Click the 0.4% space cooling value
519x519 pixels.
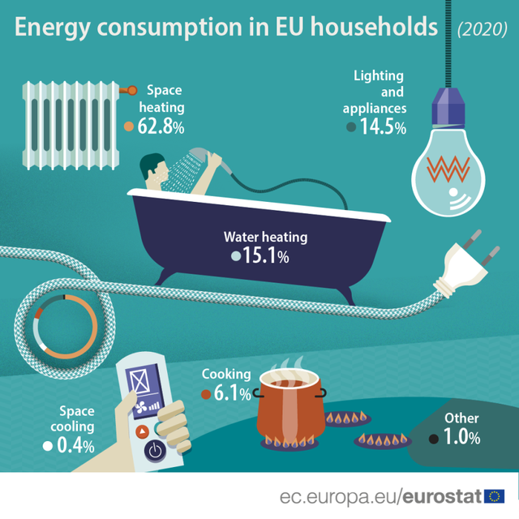click(75, 445)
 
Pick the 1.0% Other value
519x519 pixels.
click(461, 437)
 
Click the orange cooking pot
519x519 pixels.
click(291, 414)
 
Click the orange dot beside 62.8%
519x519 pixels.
click(129, 127)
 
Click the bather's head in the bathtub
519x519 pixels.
click(152, 168)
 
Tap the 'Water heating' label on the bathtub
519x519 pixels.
click(266, 238)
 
